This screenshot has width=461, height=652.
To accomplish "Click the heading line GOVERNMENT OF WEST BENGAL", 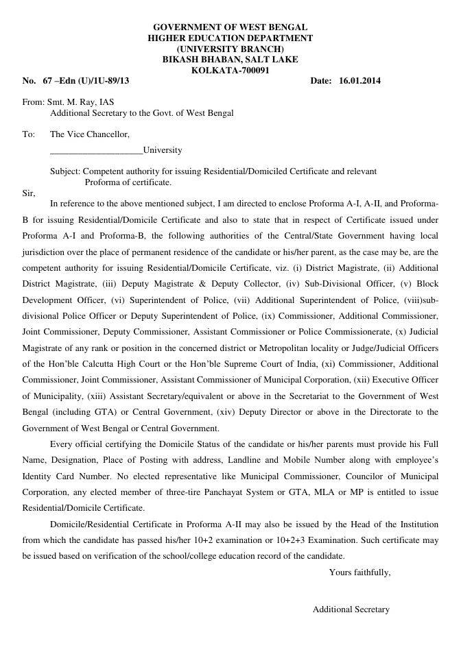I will coord(230,27).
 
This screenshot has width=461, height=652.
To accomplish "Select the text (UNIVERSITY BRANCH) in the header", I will coord(230,49).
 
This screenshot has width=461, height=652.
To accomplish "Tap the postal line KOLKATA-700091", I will coord(230,71).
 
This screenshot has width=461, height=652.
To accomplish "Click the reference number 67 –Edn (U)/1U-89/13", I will coord(86,82).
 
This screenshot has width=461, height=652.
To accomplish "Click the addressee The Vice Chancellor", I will coord(90,134).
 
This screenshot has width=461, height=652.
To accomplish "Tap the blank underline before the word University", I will coord(97,150).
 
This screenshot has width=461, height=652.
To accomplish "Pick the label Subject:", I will coord(66,171).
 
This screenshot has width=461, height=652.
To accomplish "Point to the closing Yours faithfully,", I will coord(359,572).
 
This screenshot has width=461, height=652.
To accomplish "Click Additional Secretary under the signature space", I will coord(351,609).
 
